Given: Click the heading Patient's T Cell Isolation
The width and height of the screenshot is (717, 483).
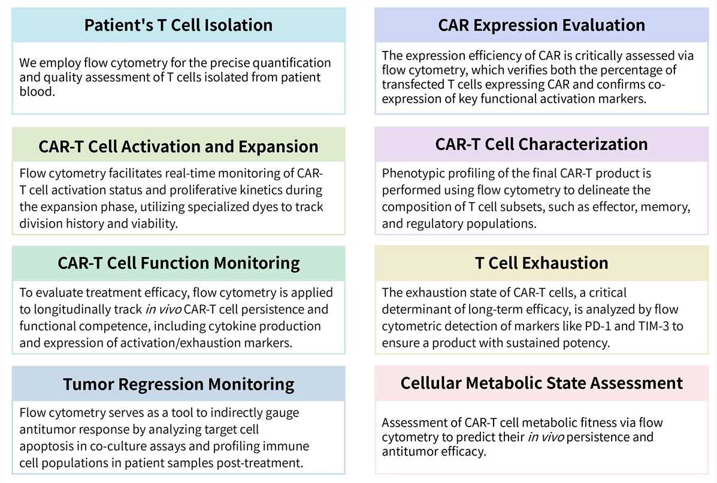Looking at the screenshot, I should click(179, 25).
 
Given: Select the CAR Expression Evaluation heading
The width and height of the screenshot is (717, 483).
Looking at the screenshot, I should click(541, 25).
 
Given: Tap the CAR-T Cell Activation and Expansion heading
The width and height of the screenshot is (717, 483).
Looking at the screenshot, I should click(179, 146).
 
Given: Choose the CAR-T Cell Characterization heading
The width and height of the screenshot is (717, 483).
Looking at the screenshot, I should click(541, 144).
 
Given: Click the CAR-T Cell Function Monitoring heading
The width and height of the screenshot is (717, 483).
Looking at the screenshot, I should click(179, 263).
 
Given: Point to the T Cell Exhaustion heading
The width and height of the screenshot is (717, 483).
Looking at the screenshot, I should click(541, 263).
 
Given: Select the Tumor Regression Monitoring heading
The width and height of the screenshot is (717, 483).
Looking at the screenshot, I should click(179, 384).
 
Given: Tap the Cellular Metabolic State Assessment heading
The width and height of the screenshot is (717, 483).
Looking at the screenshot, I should click(541, 383).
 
